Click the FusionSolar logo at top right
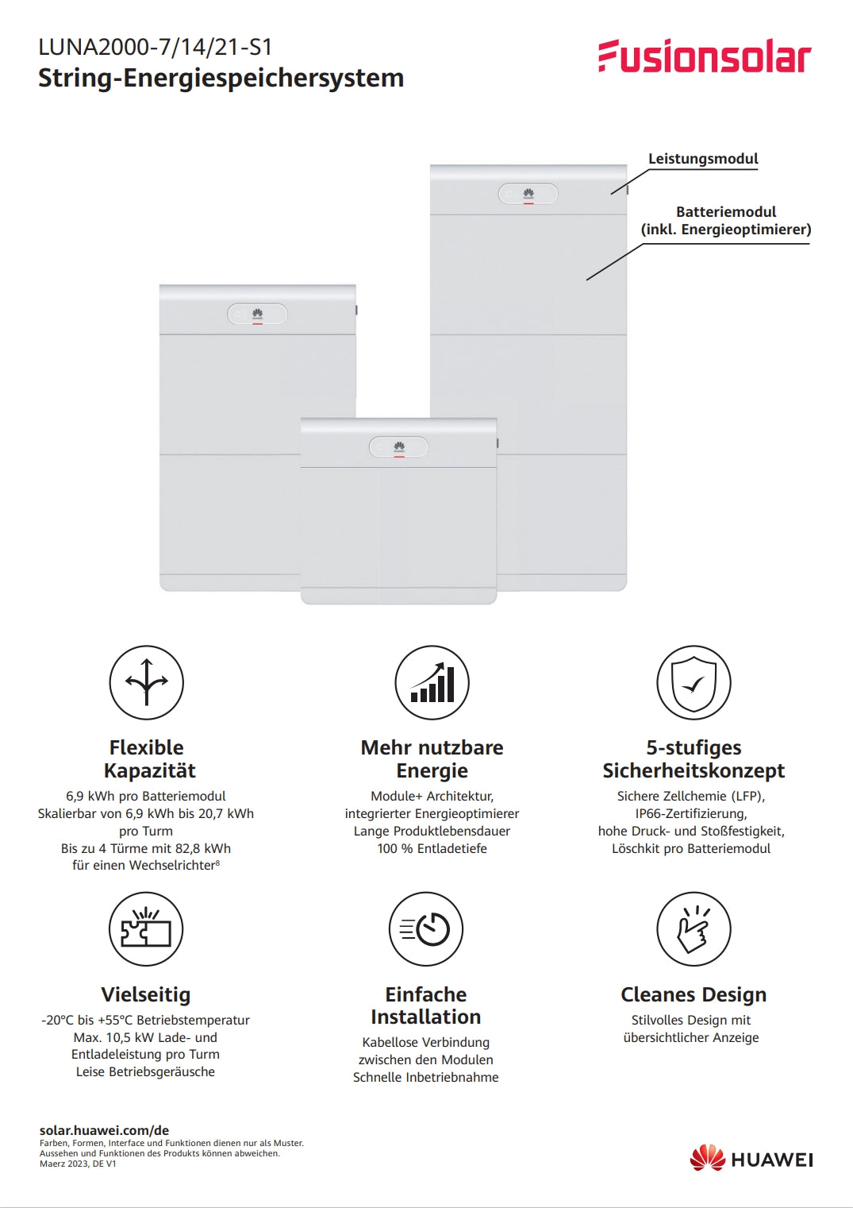click(705, 56)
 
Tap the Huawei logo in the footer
click(751, 1159)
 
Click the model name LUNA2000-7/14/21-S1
click(156, 47)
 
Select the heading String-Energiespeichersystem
click(221, 78)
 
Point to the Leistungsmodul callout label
click(703, 159)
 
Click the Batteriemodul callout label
click(725, 221)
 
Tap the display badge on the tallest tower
click(528, 194)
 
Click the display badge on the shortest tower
click(398, 447)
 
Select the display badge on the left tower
click(257, 314)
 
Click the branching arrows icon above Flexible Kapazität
click(146, 682)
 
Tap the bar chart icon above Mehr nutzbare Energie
click(432, 682)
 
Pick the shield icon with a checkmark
click(694, 682)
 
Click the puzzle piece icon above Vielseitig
click(146, 928)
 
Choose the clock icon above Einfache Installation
click(426, 928)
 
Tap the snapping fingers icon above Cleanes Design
click(694, 928)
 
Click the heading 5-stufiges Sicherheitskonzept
click(694, 759)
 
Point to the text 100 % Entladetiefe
click(432, 848)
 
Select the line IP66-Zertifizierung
click(691, 813)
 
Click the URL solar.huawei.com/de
click(104, 1130)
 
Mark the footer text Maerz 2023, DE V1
click(78, 1164)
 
